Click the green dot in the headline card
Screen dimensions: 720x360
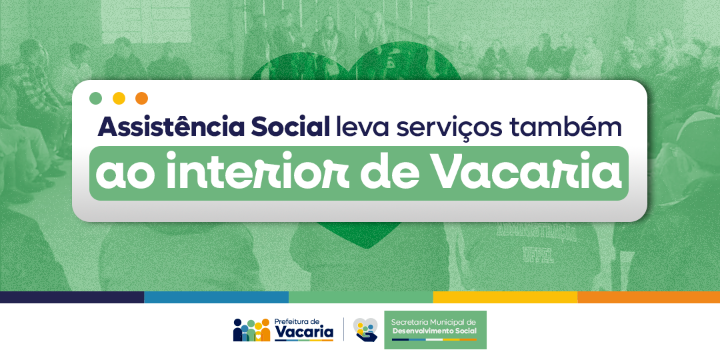(x=95, y=98)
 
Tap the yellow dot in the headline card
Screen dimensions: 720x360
(x=119, y=98)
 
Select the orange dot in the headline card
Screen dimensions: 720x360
(x=142, y=98)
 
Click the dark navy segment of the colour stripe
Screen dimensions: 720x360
(x=72, y=297)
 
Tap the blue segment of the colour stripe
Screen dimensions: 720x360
(x=216, y=297)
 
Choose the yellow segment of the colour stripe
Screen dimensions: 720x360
(x=505, y=297)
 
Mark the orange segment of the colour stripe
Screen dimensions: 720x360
(x=649, y=297)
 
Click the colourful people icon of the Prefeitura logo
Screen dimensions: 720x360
(x=251, y=330)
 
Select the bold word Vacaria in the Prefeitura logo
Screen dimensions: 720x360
(x=303, y=332)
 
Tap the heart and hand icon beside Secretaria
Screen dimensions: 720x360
(x=365, y=330)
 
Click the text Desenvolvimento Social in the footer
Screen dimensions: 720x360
(x=434, y=331)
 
